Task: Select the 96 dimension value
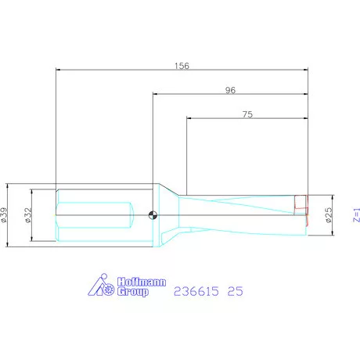(x=230, y=90)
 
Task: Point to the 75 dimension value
(x=247, y=114)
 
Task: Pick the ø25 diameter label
(x=329, y=214)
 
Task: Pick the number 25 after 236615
(x=235, y=291)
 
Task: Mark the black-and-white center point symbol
(x=153, y=215)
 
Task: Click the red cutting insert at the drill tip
(x=299, y=203)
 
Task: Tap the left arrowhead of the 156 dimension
(x=59, y=70)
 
